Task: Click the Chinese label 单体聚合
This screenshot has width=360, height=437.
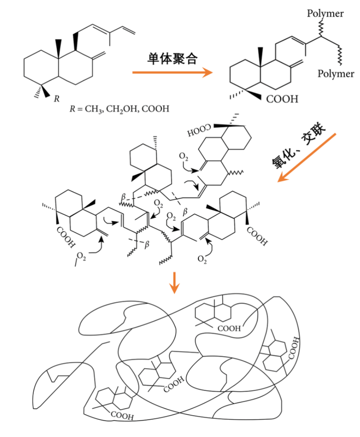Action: (172, 58)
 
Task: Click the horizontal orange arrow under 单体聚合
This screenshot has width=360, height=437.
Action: (172, 73)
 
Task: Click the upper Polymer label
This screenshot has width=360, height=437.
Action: (325, 14)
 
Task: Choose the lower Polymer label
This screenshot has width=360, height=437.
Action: (336, 74)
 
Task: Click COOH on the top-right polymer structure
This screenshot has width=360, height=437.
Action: (282, 99)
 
